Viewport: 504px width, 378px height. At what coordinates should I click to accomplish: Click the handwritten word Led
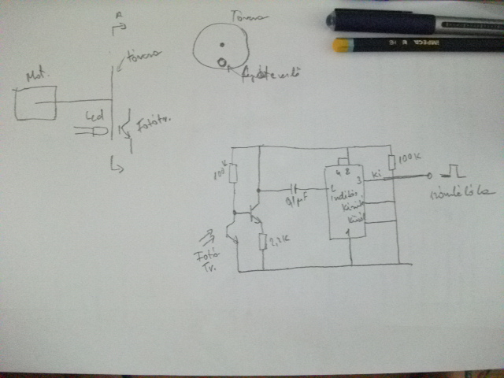(x=94, y=116)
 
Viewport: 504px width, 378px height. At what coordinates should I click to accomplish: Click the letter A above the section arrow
(x=117, y=16)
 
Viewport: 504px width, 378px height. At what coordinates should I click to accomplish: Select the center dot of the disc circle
(x=222, y=43)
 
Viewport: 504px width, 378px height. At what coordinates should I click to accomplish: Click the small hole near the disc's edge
(x=222, y=63)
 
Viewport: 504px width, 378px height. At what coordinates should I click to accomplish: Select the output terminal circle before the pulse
(x=429, y=176)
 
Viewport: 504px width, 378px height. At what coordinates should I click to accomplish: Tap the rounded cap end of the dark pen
(x=334, y=18)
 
